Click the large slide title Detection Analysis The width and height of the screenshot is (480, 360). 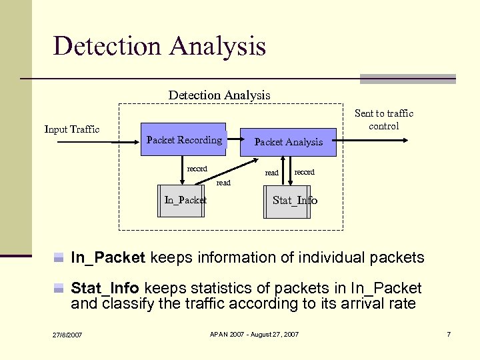[159, 46]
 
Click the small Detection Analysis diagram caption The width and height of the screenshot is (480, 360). [219, 95]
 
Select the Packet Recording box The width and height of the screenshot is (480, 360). [183, 140]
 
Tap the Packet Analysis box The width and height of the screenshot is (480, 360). [288, 141]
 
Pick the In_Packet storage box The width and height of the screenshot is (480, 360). [181, 200]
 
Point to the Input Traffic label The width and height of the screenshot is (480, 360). [72, 129]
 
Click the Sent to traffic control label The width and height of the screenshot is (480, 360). [384, 119]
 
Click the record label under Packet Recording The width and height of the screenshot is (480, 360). [197, 169]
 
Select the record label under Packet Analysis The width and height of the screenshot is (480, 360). [305, 172]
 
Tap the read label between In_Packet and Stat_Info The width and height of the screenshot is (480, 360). [223, 182]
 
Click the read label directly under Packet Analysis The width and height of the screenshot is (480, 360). [272, 173]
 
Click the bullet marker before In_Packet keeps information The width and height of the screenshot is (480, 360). [59, 257]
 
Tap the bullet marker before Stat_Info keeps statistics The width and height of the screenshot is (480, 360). [59, 289]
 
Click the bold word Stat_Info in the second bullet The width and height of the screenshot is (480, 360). [105, 288]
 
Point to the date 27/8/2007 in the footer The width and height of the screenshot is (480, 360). [68, 334]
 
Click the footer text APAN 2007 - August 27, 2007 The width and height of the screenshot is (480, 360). [254, 333]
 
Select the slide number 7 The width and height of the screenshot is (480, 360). [449, 333]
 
